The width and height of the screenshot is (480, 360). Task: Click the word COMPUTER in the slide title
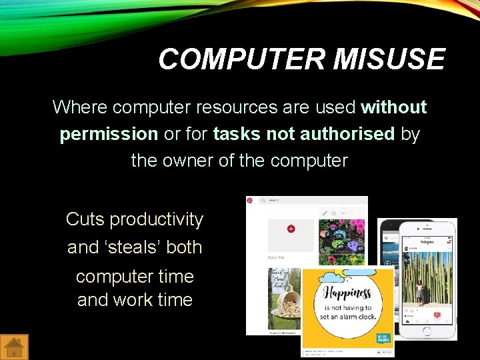click(x=241, y=59)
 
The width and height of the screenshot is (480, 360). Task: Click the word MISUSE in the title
click(x=389, y=59)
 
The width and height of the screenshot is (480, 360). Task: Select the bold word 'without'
click(x=393, y=107)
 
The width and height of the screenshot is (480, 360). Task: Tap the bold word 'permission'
click(x=109, y=134)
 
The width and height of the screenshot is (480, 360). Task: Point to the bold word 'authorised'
click(x=347, y=134)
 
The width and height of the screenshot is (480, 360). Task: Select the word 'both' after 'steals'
click(x=184, y=247)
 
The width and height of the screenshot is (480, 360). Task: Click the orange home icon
click(x=15, y=347)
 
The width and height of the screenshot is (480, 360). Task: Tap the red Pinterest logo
click(x=250, y=200)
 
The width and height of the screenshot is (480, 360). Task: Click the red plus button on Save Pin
click(x=291, y=229)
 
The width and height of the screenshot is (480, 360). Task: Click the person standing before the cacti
click(x=419, y=291)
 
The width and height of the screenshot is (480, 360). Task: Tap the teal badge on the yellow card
click(x=383, y=339)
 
